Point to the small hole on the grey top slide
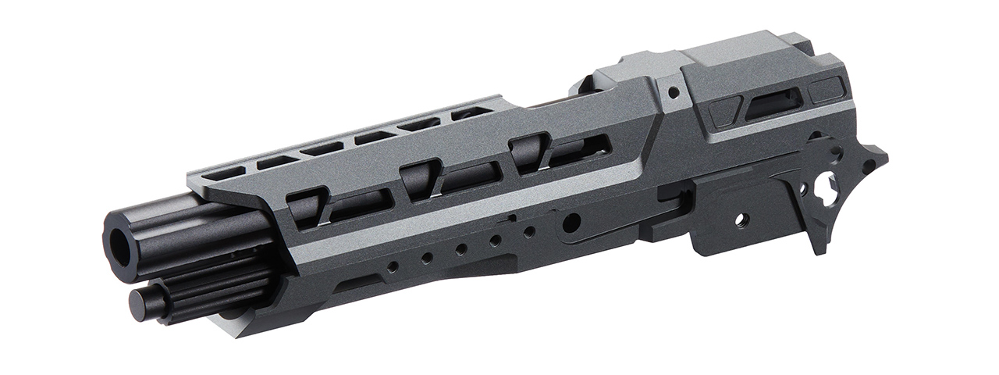674,92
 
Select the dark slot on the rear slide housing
773,105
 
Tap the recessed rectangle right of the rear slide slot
826,91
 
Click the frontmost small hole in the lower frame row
392,266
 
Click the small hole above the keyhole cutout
836,148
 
